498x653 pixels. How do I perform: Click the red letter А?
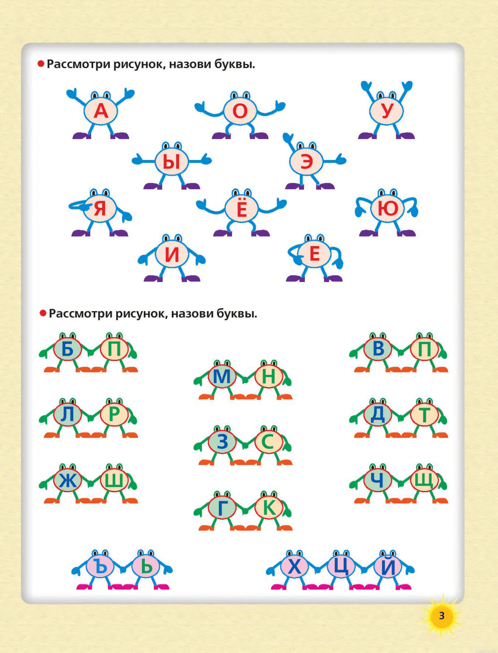[101, 111]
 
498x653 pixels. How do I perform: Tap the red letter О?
[240, 111]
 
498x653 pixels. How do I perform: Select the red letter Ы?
[172, 163]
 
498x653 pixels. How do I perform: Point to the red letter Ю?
[388, 208]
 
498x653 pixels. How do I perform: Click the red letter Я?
[100, 208]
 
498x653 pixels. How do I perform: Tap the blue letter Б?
[68, 349]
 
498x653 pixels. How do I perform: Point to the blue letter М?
[222, 376]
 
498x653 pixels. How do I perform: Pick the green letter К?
[269, 508]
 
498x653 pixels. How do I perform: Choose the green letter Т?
[425, 415]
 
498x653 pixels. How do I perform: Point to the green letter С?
[268, 442]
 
